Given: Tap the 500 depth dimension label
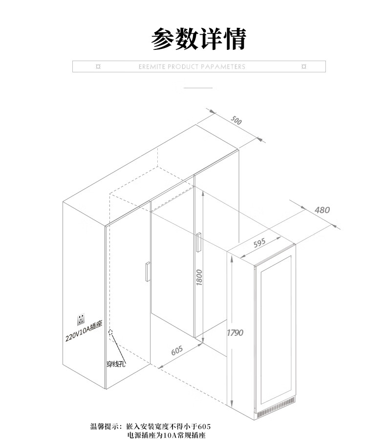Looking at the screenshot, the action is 236,121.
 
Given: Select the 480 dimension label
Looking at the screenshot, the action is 322,210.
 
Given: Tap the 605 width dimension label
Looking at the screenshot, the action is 177,351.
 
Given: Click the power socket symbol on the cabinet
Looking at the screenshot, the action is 80,321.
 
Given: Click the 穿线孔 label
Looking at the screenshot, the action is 116,364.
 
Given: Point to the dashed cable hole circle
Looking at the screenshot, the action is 111,332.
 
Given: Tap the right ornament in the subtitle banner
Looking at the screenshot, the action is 304,66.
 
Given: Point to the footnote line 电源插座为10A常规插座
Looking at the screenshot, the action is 166,434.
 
